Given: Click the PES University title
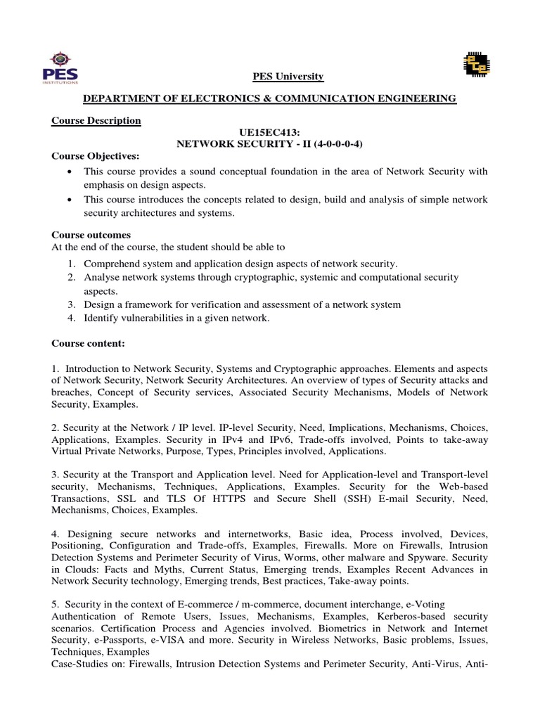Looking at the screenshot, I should tap(288, 76).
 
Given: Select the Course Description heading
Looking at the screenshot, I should tap(96, 120).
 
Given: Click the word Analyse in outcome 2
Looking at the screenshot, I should tap(102, 278).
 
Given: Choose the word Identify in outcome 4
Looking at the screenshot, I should tap(102, 319).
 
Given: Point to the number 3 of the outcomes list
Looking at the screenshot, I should tap(71, 305).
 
